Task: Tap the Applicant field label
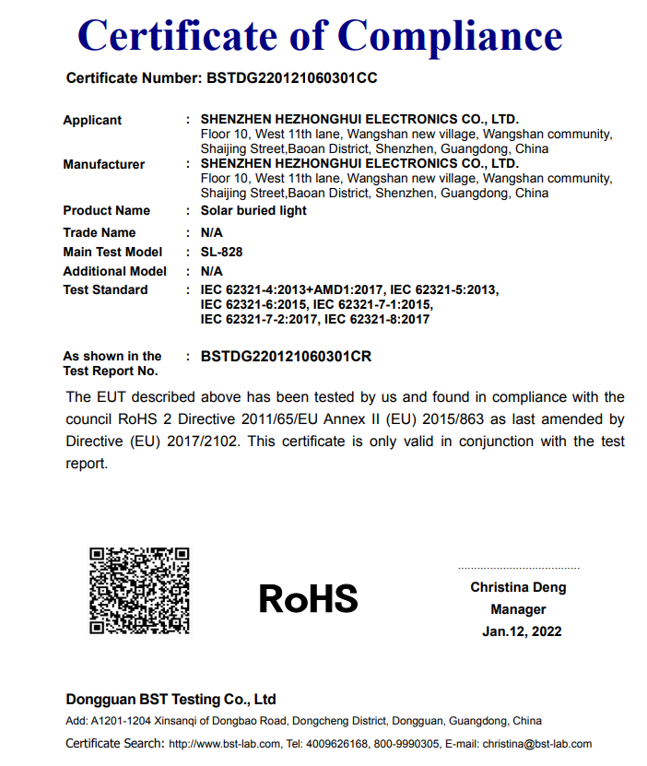(92, 120)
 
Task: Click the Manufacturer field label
(104, 164)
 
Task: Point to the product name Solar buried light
(253, 210)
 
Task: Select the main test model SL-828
(221, 252)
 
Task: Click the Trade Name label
(100, 232)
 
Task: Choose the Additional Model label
(115, 271)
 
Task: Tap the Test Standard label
(105, 289)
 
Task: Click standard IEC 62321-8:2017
(377, 319)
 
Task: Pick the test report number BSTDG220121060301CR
(286, 356)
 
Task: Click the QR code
(139, 591)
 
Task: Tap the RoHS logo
(308, 598)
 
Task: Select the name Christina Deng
(518, 587)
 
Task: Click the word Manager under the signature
(518, 609)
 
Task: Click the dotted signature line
(518, 569)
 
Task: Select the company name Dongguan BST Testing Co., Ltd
(171, 699)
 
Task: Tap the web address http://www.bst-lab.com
(225, 744)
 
